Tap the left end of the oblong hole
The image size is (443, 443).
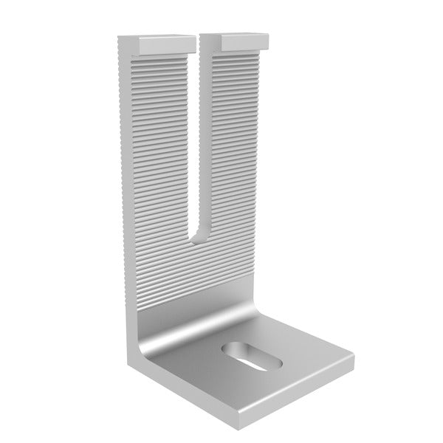click(x=225, y=347)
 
